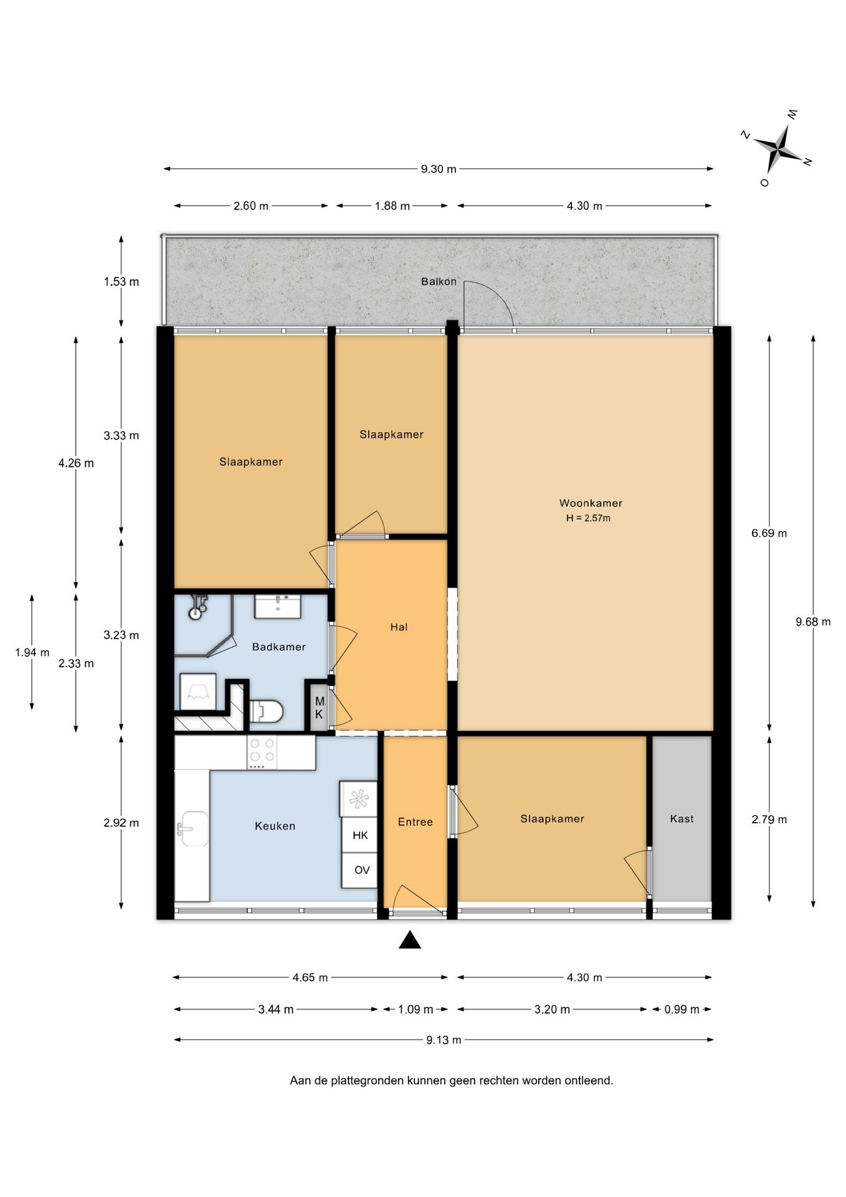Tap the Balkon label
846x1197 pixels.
[x=439, y=282]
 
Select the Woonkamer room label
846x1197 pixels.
[x=591, y=503]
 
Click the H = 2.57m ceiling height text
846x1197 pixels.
[x=588, y=518]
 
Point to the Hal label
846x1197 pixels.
[x=399, y=627]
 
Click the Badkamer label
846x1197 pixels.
[x=278, y=647]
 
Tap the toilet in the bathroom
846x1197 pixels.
[x=267, y=711]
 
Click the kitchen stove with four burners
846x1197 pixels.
[x=262, y=752]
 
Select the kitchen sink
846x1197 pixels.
[x=192, y=829]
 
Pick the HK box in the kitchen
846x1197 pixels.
[x=359, y=835]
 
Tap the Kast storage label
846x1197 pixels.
[x=682, y=819]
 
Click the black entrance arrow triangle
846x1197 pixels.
[x=409, y=940]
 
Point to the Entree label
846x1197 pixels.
[x=415, y=822]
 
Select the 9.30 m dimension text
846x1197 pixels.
[x=439, y=169]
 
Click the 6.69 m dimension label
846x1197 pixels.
[x=769, y=534]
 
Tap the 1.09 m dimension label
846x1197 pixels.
[x=415, y=1009]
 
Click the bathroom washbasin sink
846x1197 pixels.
[x=278, y=607]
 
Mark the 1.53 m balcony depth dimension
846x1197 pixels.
[x=121, y=282]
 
